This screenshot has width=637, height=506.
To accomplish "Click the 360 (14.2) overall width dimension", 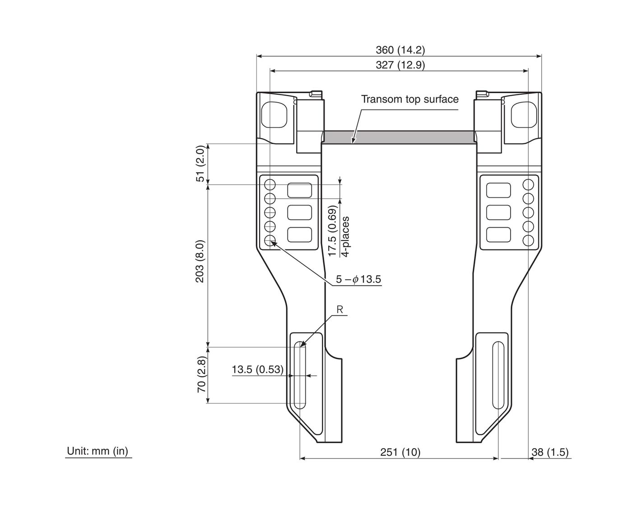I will tap(400, 50).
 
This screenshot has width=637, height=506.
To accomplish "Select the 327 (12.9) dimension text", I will tap(400, 65).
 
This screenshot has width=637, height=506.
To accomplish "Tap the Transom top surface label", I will tap(409, 99).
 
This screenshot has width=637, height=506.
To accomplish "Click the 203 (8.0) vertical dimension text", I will tap(200, 261).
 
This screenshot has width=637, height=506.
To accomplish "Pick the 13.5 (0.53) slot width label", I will tap(257, 370).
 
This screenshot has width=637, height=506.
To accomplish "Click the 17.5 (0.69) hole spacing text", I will tap(332, 231).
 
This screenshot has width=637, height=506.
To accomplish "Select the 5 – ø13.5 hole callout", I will tap(358, 280).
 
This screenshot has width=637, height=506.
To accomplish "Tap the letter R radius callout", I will tap(340, 310).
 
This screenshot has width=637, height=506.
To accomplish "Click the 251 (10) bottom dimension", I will tap(400, 452).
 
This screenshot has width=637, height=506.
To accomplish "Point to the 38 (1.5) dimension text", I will tap(550, 452).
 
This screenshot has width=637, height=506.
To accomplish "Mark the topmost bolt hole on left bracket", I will tap(270, 184).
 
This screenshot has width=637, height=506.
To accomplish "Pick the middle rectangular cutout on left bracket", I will tap(299, 212).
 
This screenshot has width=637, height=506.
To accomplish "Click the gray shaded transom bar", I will tap(399, 136).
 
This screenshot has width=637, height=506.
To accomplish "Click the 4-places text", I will tap(345, 237).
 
